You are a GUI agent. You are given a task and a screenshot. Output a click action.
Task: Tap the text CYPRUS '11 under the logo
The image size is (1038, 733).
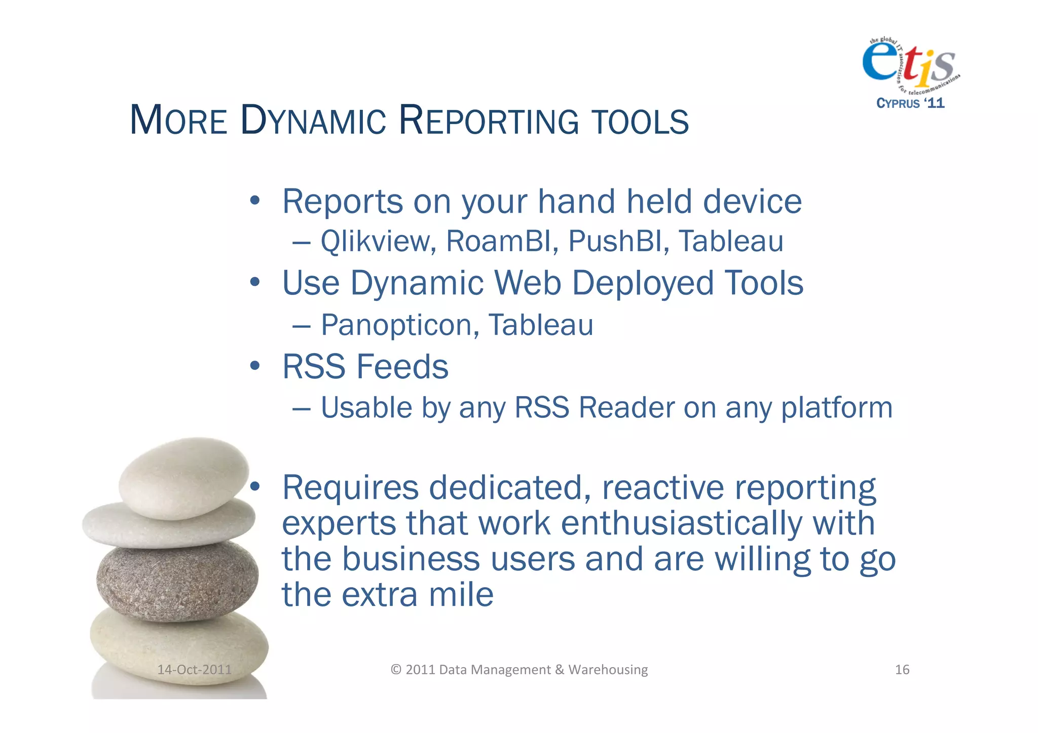910,103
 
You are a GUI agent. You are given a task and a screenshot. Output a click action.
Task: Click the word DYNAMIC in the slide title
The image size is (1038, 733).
313,121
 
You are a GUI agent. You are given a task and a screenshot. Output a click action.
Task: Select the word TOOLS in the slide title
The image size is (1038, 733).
640,122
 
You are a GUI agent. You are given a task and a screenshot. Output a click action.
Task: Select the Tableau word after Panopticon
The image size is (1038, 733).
541,325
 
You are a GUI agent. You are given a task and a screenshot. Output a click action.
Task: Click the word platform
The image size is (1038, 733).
837,408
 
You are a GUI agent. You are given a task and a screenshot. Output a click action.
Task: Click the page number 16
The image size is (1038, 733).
902,670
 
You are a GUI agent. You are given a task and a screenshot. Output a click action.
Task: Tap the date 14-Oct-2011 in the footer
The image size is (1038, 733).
194,670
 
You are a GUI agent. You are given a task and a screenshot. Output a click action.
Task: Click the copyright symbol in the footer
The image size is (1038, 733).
396,670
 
